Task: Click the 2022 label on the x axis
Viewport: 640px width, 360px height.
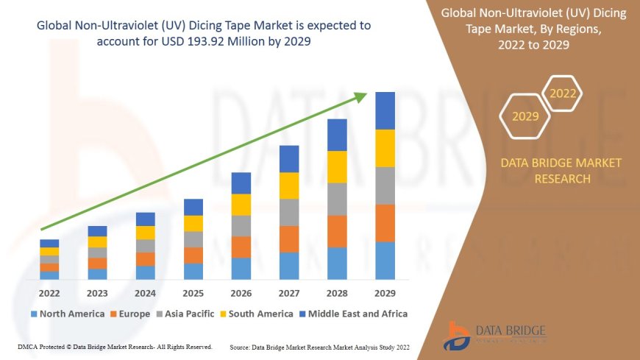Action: click(49, 292)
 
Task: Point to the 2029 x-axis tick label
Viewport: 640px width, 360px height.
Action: click(385, 292)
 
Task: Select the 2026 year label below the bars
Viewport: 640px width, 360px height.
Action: click(241, 292)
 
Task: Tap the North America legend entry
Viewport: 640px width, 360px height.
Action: click(67, 314)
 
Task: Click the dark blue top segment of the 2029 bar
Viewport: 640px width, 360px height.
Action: click(385, 110)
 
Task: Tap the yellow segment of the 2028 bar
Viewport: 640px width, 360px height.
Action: click(337, 166)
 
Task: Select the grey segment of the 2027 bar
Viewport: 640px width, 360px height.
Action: click(289, 212)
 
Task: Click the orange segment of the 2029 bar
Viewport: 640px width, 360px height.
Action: click(385, 223)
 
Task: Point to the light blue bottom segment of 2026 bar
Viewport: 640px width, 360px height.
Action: click(241, 269)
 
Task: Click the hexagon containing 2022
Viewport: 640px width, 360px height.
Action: click(563, 94)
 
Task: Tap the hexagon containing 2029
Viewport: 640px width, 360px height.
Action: click(525, 116)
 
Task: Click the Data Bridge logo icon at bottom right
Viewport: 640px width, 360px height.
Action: click(458, 334)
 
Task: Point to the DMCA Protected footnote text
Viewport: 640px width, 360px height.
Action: click(113, 346)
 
